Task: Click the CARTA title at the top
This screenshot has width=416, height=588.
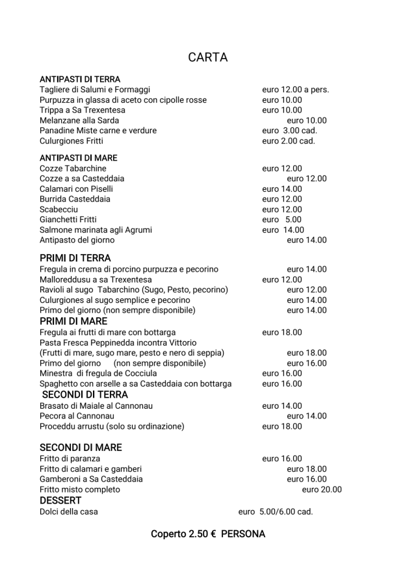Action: click(x=207, y=57)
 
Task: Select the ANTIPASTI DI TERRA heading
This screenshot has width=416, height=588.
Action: click(x=80, y=79)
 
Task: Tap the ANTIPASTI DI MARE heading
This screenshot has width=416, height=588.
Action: click(x=79, y=158)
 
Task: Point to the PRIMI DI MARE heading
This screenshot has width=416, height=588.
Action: click(x=73, y=321)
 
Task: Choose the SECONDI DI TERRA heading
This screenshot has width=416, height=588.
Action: click(x=85, y=394)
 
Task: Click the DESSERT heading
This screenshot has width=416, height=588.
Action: click(x=60, y=500)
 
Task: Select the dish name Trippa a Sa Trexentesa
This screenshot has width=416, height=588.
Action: click(x=83, y=110)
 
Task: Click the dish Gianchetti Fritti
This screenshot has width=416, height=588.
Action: click(x=68, y=220)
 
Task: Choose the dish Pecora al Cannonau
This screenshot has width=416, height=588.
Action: click(x=77, y=416)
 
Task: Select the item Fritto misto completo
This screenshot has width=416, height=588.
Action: click(x=80, y=489)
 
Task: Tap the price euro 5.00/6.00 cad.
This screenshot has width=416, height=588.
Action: click(x=276, y=511)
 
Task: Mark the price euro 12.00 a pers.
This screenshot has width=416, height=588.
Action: click(x=295, y=90)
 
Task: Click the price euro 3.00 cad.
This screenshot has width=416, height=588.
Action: click(x=289, y=131)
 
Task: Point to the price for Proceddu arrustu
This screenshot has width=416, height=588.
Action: click(x=282, y=426)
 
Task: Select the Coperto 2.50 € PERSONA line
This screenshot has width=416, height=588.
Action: click(x=208, y=534)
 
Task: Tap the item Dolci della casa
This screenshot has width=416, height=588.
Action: click(x=69, y=511)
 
